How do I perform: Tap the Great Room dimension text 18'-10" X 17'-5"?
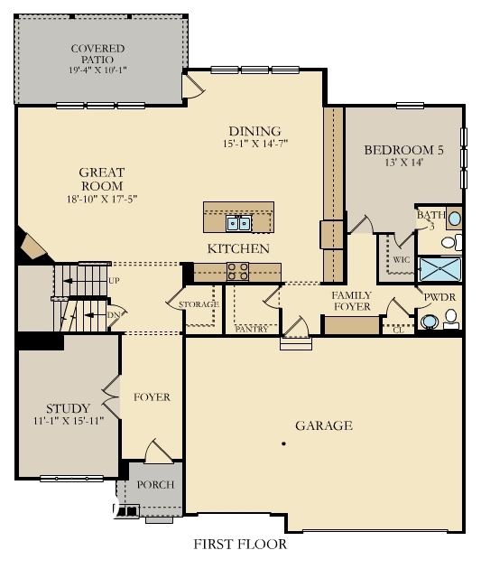pyautogui.click(x=101, y=199)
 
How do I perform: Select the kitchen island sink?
pyautogui.click(x=238, y=222)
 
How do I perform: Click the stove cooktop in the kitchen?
pyautogui.click(x=238, y=268)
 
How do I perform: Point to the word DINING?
pyautogui.click(x=254, y=131)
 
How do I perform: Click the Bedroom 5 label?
pyautogui.click(x=403, y=151)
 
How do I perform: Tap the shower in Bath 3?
pyautogui.click(x=439, y=269)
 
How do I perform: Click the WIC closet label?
pyautogui.click(x=402, y=258)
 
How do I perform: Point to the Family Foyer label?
pyautogui.click(x=351, y=302)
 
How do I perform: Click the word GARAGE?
pyautogui.click(x=323, y=425)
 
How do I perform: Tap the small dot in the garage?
pyautogui.click(x=283, y=443)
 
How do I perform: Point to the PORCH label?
pyautogui.click(x=155, y=485)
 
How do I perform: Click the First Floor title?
pyautogui.click(x=240, y=545)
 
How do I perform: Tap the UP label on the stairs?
pyautogui.click(x=114, y=281)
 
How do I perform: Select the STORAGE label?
pyautogui.click(x=198, y=304)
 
